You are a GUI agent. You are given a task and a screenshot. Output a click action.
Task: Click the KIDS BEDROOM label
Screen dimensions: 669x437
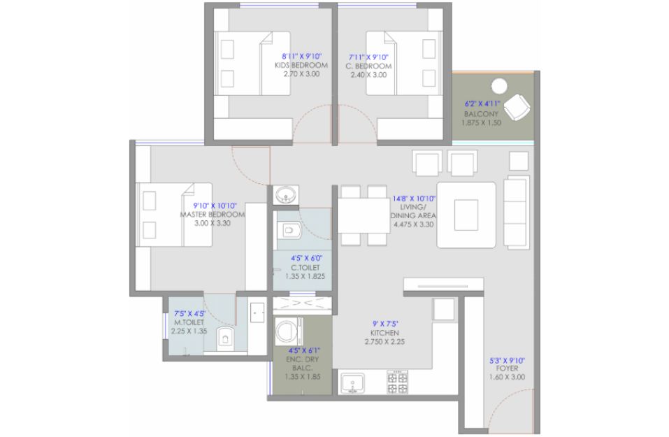(301, 65)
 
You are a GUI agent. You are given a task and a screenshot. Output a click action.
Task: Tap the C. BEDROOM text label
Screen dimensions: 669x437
(368, 66)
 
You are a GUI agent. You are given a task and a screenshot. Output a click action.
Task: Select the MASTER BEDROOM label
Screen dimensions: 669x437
(213, 214)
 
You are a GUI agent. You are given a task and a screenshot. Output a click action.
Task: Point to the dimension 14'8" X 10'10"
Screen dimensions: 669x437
(414, 199)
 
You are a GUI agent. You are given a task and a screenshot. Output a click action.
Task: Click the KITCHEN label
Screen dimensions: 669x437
(385, 333)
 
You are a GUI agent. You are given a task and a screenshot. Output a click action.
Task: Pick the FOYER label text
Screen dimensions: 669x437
(508, 368)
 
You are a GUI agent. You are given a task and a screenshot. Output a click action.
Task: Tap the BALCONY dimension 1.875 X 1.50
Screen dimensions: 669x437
(481, 122)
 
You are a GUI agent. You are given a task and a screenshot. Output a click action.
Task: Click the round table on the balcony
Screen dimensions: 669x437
(498, 86)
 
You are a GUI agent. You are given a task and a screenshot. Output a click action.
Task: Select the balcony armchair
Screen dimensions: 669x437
(517, 107)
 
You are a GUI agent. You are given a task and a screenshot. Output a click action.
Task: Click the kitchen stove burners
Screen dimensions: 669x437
(397, 382)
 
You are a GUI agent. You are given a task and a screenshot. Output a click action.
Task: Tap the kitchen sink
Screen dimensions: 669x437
(352, 383)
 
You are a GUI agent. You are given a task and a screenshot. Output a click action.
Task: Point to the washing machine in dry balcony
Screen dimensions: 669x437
(289, 331)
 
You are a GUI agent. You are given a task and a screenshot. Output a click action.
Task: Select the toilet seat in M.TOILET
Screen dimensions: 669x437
(225, 336)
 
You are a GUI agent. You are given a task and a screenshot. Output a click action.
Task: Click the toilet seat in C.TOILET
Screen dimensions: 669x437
(292, 231)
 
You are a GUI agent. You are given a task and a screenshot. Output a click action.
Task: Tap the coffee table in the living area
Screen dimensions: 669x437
(466, 215)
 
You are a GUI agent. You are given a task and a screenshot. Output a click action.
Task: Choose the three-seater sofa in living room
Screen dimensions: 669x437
(517, 211)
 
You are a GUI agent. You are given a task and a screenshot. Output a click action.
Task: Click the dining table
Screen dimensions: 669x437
(364, 215)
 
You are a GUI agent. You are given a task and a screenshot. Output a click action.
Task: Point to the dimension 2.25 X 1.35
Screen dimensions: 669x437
(189, 331)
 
